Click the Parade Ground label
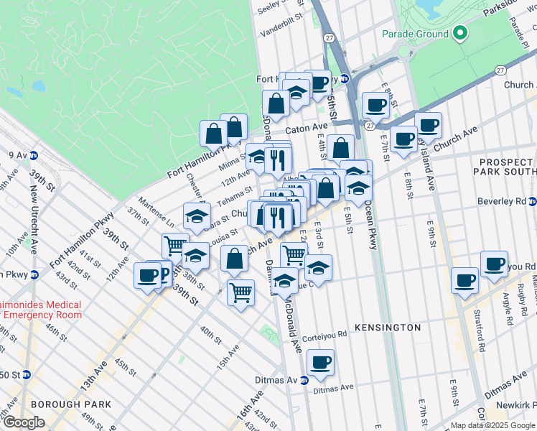coord(415,34)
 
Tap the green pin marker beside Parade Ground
coord(459,33)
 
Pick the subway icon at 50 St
coord(27,374)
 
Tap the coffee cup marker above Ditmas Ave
coord(320,363)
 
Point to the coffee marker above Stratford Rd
coord(464,279)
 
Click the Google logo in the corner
coord(24,422)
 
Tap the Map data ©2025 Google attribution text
coord(492,425)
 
